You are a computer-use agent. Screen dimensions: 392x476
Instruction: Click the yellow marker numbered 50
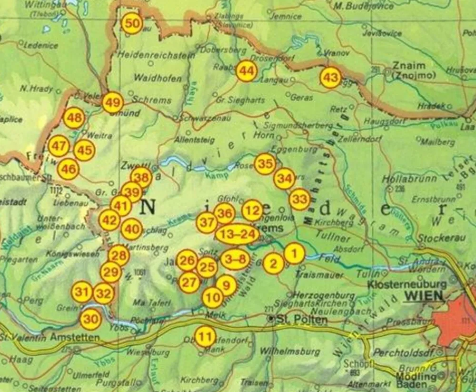132,23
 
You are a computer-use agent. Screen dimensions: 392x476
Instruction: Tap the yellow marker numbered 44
247,71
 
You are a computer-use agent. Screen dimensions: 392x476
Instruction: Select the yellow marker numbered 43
331,78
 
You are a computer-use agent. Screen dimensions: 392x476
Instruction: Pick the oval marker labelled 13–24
237,234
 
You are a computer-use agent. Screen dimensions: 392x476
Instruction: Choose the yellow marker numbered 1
295,253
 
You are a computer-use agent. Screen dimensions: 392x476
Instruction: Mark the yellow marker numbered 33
299,199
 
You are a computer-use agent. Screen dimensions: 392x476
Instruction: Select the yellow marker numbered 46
68,169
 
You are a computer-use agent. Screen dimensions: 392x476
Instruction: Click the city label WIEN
423,296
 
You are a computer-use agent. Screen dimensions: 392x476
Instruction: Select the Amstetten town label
76,338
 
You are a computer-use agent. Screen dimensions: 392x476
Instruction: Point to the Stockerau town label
438,238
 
